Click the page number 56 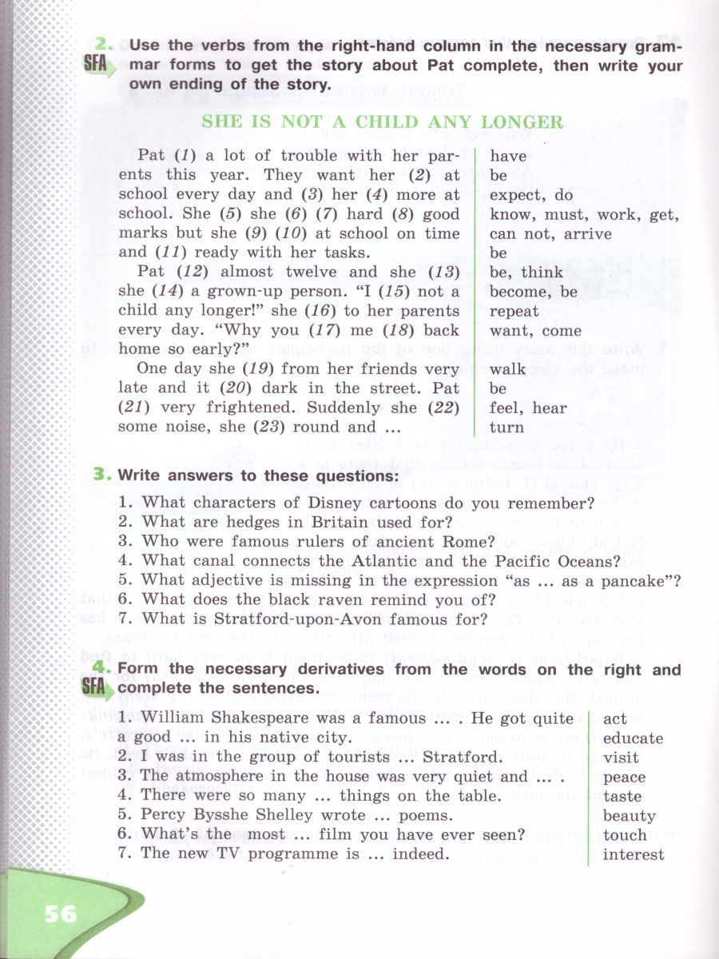click(x=61, y=913)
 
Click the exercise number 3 click(x=100, y=475)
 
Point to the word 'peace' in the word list click(x=625, y=777)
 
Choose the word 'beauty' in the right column click(x=630, y=816)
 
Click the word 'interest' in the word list click(x=634, y=854)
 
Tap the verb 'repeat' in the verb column click(x=514, y=311)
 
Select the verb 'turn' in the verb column click(x=506, y=427)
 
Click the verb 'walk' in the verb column click(x=508, y=368)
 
